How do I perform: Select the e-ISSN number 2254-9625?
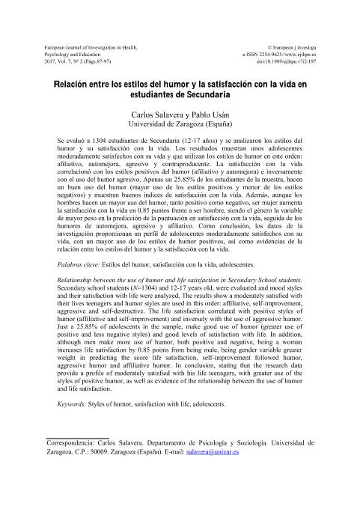tap(278, 55)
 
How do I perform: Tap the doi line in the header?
tap(282, 63)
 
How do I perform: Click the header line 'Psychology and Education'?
tap(73, 55)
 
